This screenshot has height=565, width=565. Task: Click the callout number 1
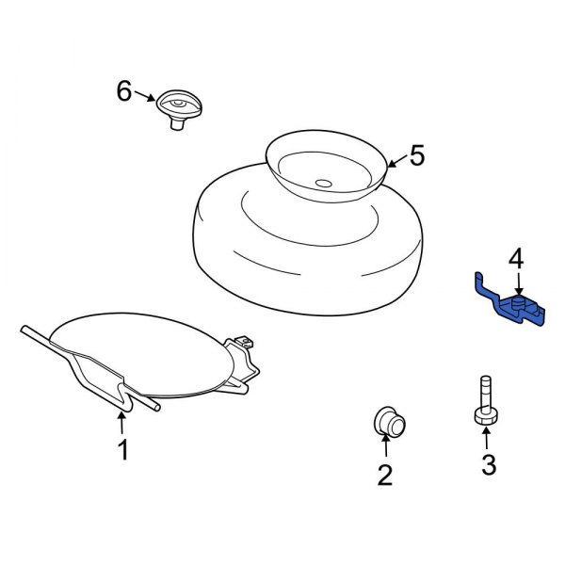click(122, 451)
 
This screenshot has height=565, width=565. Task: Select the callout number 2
click(384, 476)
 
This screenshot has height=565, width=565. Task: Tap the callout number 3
click(488, 463)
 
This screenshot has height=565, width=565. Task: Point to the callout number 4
click(515, 258)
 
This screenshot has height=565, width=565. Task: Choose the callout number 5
click(417, 155)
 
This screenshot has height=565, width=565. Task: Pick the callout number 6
click(124, 91)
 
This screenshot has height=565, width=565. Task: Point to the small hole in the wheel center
click(323, 183)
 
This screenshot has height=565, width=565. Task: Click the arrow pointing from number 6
click(146, 95)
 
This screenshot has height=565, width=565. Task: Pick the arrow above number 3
click(486, 438)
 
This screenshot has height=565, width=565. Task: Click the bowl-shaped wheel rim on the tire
click(326, 165)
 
